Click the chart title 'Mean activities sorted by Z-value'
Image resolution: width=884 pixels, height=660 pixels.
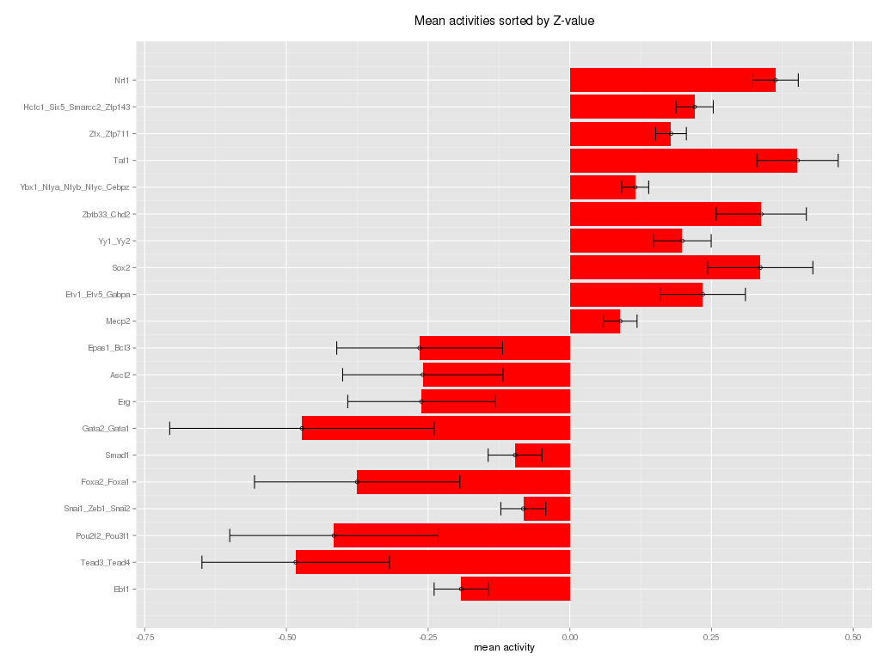pyautogui.click(x=504, y=21)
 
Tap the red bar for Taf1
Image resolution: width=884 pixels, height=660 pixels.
pyautogui.click(x=683, y=161)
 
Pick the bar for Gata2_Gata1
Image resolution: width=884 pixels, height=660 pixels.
pyautogui.click(x=436, y=428)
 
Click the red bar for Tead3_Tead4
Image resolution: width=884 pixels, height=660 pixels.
pyautogui.click(x=433, y=562)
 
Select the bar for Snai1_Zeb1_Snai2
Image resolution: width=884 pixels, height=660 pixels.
pyautogui.click(x=547, y=509)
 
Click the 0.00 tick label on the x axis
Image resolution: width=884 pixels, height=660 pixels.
pyautogui.click(x=570, y=637)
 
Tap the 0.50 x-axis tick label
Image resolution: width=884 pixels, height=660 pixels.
pyautogui.click(x=853, y=637)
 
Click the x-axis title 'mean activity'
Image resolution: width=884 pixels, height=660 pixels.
pyautogui.click(x=504, y=648)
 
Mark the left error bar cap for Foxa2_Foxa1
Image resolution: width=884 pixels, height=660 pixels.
pyautogui.click(x=255, y=482)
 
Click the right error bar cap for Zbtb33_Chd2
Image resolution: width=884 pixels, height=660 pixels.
pyautogui.click(x=807, y=214)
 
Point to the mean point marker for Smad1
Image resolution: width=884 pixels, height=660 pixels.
pyautogui.click(x=515, y=455)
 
